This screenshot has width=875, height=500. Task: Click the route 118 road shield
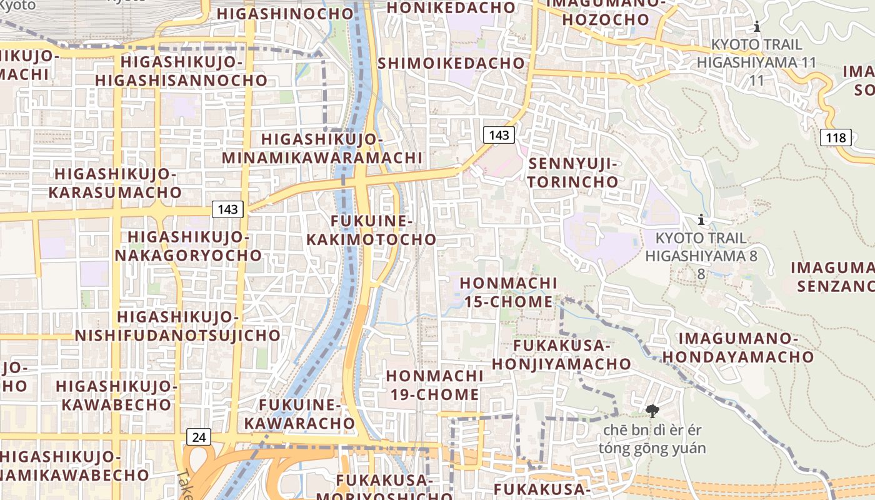point(836,137)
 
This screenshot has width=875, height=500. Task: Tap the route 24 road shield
point(199,437)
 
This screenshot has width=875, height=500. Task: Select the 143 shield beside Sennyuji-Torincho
point(499,135)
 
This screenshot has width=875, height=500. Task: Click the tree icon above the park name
point(652,411)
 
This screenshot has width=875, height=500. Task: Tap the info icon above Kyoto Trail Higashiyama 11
point(757,26)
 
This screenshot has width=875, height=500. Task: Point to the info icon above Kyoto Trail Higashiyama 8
point(701,219)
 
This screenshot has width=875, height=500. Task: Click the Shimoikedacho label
point(451,63)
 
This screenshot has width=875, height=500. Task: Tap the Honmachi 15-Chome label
point(508,292)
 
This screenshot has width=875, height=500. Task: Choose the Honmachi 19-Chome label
point(434,385)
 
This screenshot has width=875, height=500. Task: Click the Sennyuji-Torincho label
point(573,173)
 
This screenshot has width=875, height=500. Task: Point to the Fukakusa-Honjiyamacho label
point(561,354)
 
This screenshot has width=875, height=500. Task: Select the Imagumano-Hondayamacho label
point(738,347)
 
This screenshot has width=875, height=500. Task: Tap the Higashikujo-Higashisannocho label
point(181,71)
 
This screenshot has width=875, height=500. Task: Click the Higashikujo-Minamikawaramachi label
point(322,148)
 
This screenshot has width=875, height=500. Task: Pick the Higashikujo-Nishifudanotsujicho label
point(177,326)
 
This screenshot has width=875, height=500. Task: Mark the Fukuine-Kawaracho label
point(299,414)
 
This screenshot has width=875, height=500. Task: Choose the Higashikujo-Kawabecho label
point(116,395)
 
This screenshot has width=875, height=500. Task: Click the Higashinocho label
point(285,14)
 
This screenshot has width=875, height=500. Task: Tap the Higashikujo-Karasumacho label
point(115,183)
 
